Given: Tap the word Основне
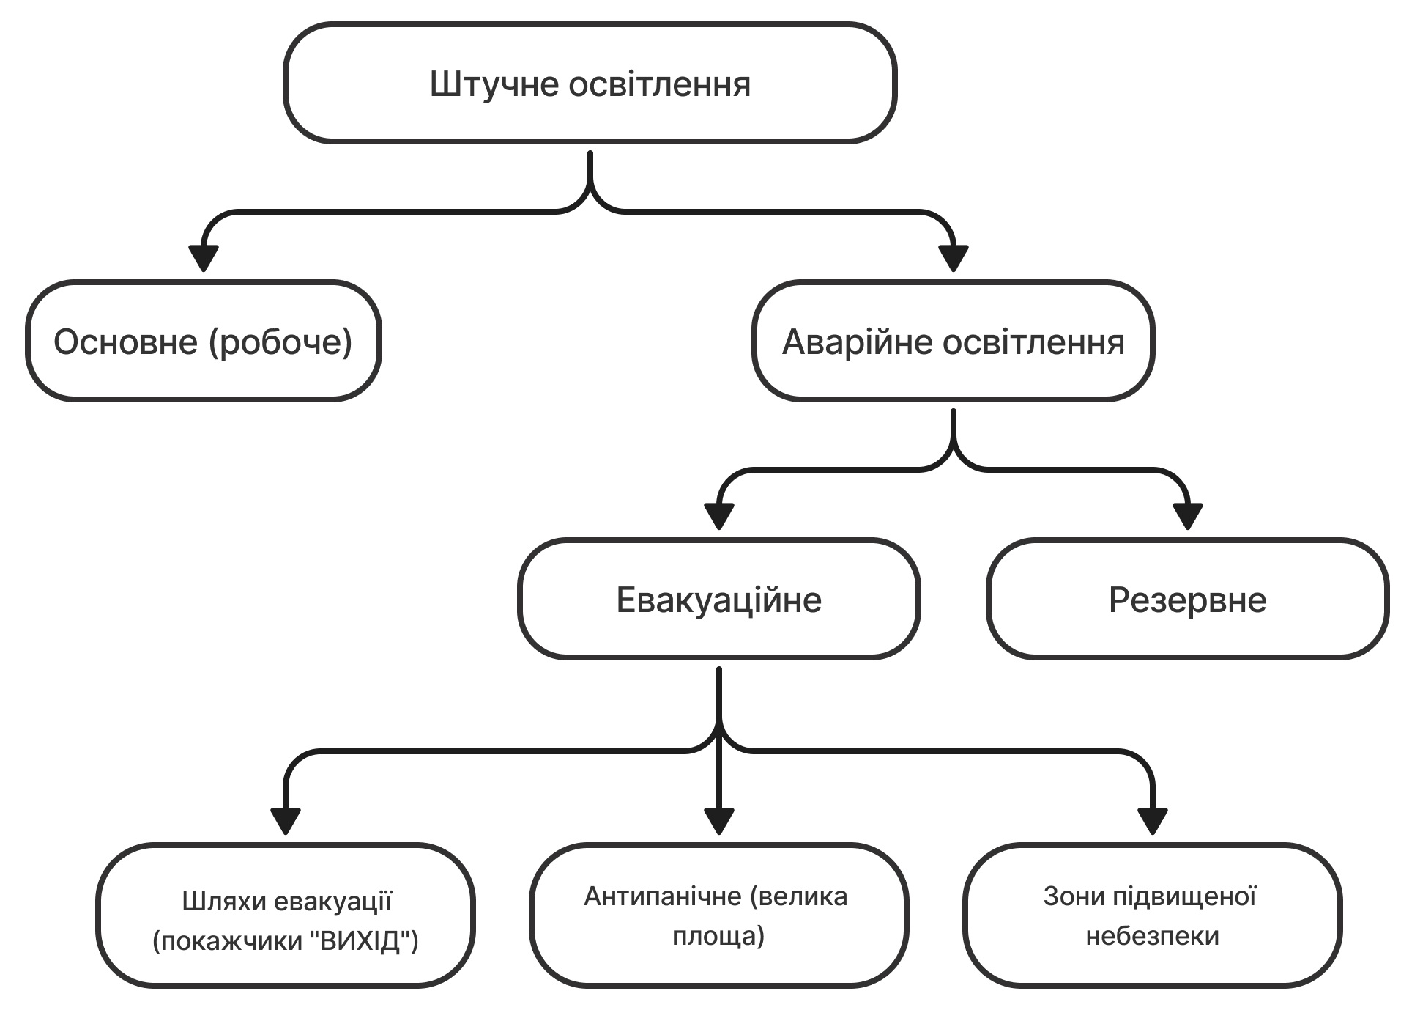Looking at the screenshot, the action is [126, 342].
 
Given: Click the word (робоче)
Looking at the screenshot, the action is [280, 343].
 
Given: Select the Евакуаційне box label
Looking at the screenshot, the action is [718, 600].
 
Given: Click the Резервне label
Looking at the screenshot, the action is [1187, 600].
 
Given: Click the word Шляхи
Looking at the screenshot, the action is [223, 901].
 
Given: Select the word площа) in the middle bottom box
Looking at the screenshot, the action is [718, 936].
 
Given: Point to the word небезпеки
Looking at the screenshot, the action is [1152, 936].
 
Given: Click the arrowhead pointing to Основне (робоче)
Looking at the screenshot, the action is [204, 257].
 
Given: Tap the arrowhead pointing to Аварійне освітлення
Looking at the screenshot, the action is [954, 257].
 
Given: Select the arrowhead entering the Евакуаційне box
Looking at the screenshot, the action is [719, 516].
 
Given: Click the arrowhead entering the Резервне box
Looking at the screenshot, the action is [1188, 516].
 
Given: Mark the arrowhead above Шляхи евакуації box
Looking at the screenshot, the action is [286, 821].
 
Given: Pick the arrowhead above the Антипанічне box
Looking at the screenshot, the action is [719, 821].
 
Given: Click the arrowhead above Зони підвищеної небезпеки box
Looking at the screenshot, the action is [1153, 821].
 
